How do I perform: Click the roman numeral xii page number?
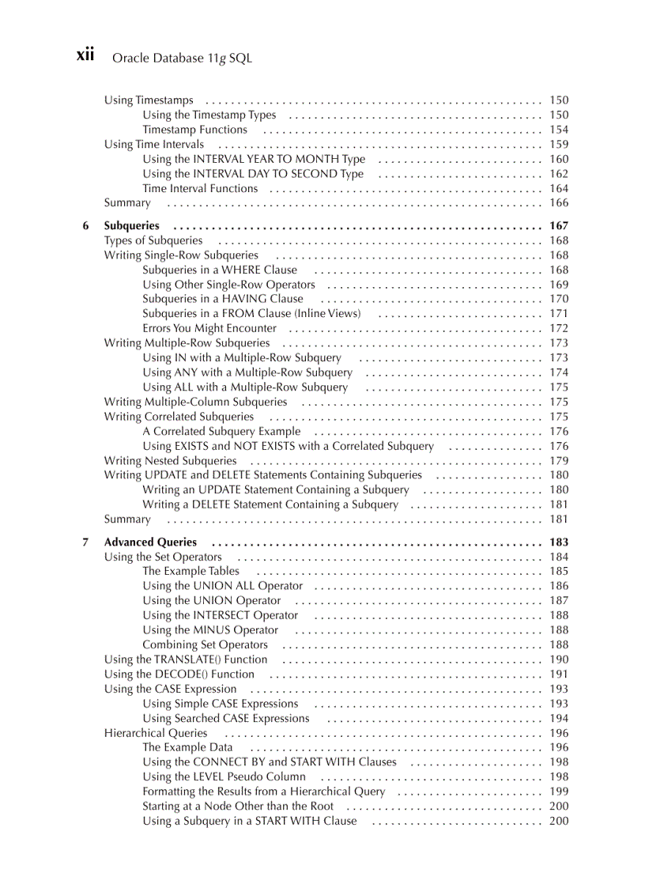click(x=85, y=55)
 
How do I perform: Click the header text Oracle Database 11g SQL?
click(x=182, y=58)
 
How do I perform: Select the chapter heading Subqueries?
click(x=131, y=226)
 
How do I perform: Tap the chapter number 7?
click(x=85, y=542)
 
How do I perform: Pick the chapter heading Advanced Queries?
click(x=150, y=542)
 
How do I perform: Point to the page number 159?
click(x=558, y=145)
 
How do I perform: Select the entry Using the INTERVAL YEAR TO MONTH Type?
click(x=254, y=159)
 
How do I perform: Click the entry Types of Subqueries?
click(x=153, y=240)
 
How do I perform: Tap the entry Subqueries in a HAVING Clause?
click(x=223, y=299)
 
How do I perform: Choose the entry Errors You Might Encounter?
click(x=209, y=328)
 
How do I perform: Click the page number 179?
click(x=558, y=461)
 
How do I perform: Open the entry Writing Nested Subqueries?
click(x=170, y=461)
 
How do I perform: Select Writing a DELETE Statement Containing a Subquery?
click(x=270, y=504)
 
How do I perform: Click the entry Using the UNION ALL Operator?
click(x=223, y=586)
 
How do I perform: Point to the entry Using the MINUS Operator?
click(x=210, y=630)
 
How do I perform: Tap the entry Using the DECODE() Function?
click(x=179, y=675)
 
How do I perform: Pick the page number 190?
click(x=558, y=659)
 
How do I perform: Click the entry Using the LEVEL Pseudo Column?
click(x=224, y=777)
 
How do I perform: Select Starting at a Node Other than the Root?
click(x=238, y=806)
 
